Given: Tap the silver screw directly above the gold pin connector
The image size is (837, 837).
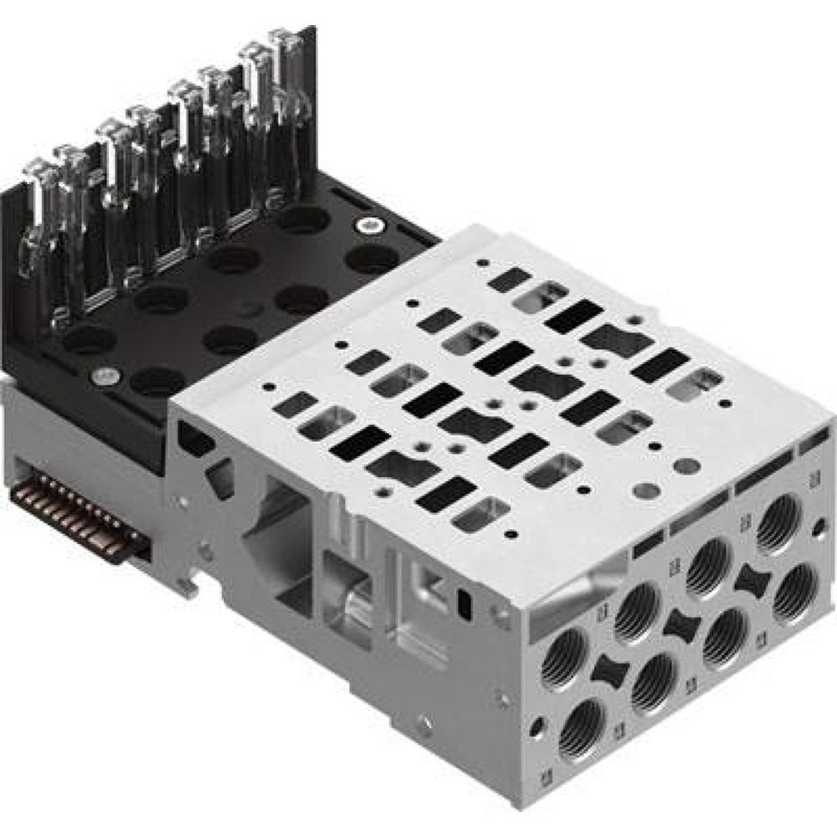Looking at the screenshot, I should pos(103,376).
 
